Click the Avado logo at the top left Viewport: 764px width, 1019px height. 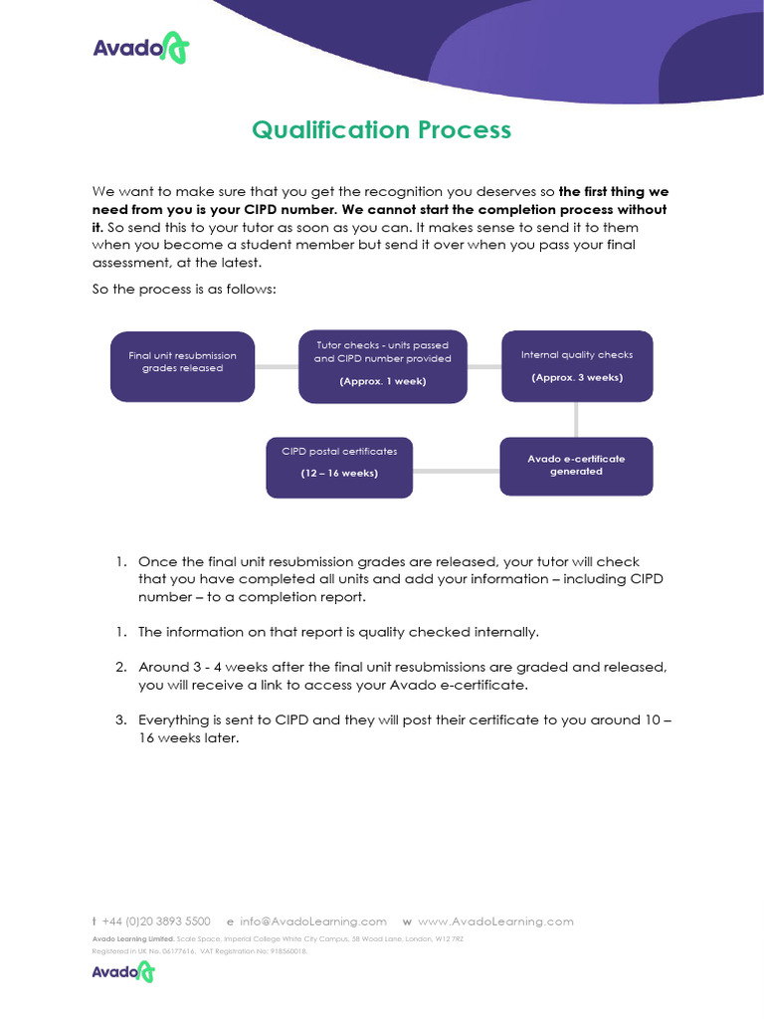tap(140, 49)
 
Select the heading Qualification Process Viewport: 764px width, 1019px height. tap(381, 130)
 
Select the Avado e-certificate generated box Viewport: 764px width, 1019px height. tap(576, 465)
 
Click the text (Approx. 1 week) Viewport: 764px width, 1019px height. tap(382, 381)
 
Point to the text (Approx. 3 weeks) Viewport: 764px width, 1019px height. tap(577, 377)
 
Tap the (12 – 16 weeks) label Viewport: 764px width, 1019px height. tap(339, 473)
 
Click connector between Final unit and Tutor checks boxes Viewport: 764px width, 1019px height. tap(277, 366)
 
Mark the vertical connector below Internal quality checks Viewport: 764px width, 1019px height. tap(577, 419)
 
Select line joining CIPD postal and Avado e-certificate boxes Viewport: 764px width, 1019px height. tap(456, 467)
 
